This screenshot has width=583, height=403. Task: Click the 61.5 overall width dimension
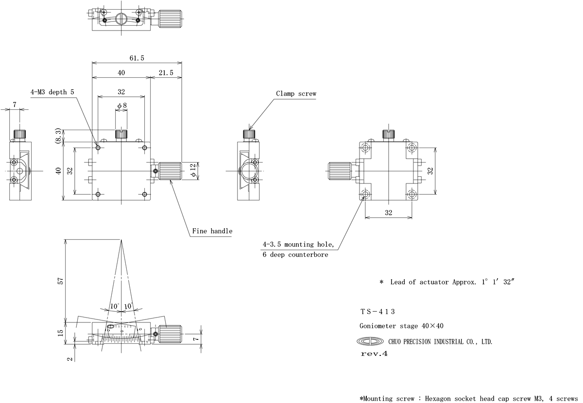[x=137, y=58]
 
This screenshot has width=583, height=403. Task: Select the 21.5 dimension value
[x=166, y=73]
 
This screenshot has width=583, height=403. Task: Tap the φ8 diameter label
[x=121, y=105]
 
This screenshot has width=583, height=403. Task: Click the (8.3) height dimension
[x=58, y=136]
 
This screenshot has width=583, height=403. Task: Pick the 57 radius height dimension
[x=60, y=281]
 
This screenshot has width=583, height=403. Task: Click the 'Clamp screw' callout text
[x=296, y=94]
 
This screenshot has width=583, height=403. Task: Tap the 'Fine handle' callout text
[x=212, y=231]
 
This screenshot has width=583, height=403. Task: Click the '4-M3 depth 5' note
[x=52, y=92]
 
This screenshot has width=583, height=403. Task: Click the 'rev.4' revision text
[x=374, y=354]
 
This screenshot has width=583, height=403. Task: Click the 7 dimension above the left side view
[x=15, y=105]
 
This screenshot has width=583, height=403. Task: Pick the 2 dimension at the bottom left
[x=69, y=359]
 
